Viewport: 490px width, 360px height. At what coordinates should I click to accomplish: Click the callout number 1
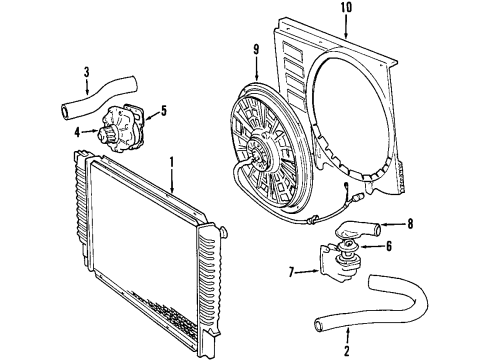171,162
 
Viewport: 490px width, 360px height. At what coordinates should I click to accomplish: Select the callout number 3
87,71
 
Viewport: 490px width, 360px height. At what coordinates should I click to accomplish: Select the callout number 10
347,10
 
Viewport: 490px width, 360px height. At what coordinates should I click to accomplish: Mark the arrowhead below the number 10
347,36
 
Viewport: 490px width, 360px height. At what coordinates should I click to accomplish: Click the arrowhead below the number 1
171,190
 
